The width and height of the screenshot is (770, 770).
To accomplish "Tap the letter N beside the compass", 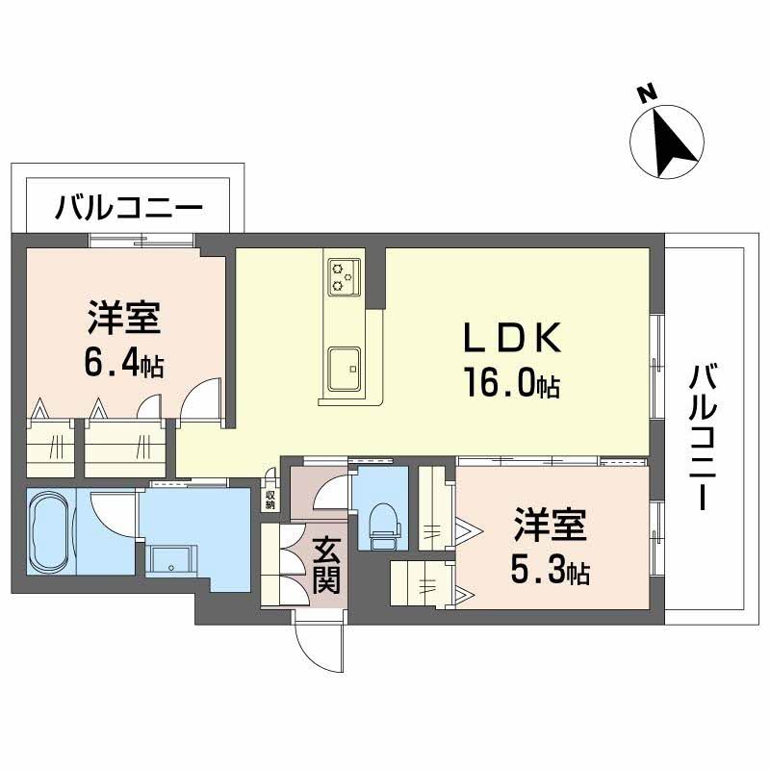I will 647,93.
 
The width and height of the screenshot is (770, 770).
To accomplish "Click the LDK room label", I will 509,338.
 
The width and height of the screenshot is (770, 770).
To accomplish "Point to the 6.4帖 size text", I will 124,364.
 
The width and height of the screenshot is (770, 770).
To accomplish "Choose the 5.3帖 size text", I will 550,573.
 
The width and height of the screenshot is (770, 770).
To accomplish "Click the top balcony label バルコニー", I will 128,208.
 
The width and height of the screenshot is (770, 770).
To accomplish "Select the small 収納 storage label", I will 271,499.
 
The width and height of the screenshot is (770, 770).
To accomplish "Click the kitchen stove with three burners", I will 344,274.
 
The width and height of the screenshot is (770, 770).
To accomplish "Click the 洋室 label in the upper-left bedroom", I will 123,318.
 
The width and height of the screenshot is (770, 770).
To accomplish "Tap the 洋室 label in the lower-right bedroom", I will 549,527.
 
